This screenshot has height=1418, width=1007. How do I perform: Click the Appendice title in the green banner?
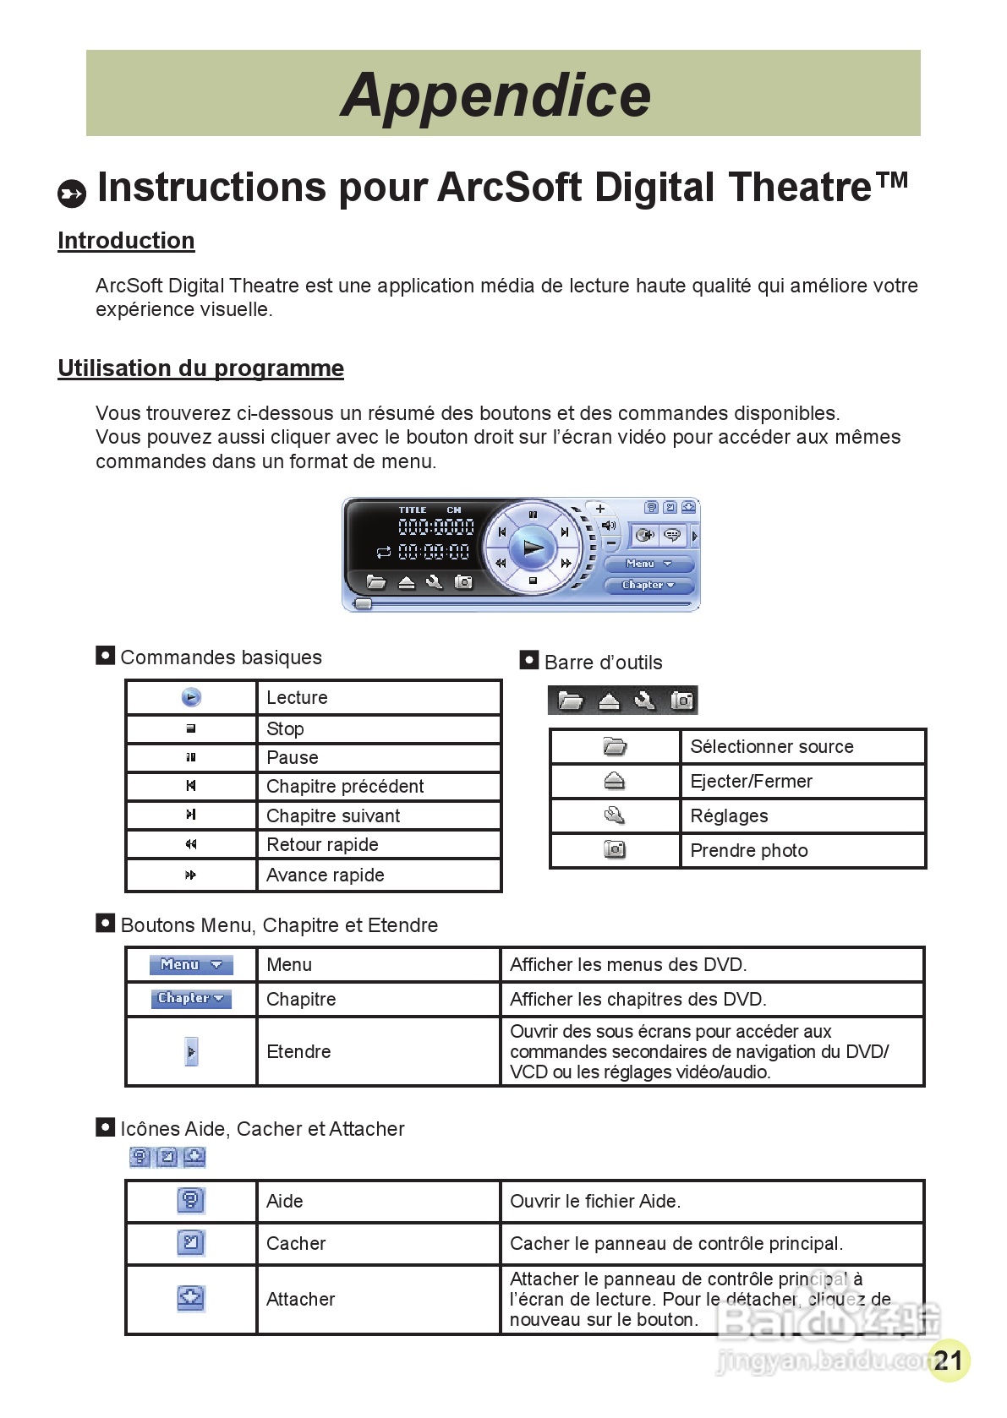[496, 95]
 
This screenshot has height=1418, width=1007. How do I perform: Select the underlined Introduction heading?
[126, 241]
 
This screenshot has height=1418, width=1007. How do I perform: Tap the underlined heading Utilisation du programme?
[200, 368]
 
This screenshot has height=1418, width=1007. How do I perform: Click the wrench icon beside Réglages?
[615, 815]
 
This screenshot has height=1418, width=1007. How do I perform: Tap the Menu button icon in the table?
[191, 965]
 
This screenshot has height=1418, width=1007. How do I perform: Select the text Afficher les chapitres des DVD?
[638, 1000]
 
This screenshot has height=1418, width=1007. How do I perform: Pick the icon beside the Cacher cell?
[191, 1243]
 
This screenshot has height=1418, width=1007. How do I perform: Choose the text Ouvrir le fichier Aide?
[594, 1202]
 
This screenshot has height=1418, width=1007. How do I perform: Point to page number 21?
[949, 1361]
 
